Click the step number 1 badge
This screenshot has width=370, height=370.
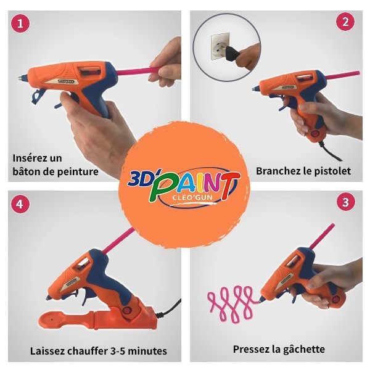point(20,23)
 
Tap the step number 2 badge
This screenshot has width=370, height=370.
point(345,22)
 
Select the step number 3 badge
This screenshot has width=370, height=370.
point(345,202)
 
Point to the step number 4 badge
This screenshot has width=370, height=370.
point(20,204)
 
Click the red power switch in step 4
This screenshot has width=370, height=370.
point(126,310)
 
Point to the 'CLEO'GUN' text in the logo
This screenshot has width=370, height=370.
point(193,197)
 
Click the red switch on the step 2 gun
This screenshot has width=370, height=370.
point(315,134)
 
